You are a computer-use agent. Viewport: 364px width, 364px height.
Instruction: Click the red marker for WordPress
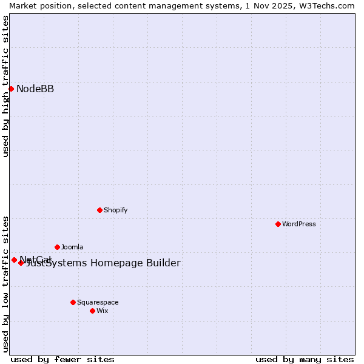[x=278, y=224]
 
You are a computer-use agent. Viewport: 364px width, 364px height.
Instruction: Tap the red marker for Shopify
[x=99, y=210]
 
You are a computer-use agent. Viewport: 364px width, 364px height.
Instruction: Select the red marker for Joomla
[x=57, y=247]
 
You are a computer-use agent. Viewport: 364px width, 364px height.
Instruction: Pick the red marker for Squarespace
[x=73, y=302]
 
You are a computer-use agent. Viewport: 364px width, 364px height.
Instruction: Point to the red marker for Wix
[x=92, y=311]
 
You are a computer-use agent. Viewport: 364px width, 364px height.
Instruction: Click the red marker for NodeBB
[x=11, y=89]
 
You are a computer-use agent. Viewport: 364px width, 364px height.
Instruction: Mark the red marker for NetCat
[x=14, y=260]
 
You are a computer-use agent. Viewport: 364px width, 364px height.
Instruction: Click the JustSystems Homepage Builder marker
[x=21, y=263]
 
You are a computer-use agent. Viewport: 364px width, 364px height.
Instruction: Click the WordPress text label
[x=299, y=224]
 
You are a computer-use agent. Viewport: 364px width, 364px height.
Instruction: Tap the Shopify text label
[x=115, y=210]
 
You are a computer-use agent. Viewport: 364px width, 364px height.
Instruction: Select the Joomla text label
[x=72, y=247]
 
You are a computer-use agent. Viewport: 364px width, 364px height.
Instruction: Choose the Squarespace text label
[x=98, y=302]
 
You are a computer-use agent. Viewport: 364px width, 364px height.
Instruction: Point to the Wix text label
[x=102, y=311]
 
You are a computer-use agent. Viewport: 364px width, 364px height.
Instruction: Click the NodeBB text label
[x=35, y=89]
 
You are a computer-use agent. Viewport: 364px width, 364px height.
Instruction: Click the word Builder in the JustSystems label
[x=161, y=263]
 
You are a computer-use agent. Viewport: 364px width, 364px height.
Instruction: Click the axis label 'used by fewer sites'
[x=62, y=359]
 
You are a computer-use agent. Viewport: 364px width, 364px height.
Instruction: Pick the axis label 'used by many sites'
[x=305, y=359]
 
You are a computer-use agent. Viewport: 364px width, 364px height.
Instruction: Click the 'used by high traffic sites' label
[x=5, y=86]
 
